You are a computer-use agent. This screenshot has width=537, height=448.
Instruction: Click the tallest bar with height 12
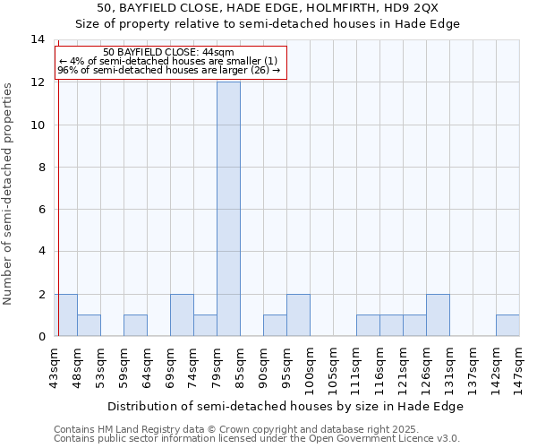(x=228, y=209)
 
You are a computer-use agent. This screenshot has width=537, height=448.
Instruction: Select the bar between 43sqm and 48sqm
(x=65, y=314)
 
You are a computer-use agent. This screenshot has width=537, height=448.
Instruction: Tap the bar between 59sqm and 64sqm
(x=135, y=325)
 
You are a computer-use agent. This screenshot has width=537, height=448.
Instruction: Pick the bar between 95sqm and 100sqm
(x=298, y=314)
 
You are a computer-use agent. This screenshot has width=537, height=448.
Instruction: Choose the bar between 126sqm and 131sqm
(x=438, y=314)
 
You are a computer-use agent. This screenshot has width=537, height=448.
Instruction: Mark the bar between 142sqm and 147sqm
(x=507, y=325)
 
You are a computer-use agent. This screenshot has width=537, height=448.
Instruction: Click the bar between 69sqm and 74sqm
(x=182, y=314)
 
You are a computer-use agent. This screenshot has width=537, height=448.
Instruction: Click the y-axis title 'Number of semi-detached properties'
(x=9, y=193)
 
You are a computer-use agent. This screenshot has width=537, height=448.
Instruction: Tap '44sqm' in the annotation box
(x=217, y=53)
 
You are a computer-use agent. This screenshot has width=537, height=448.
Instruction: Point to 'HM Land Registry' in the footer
(x=132, y=429)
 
